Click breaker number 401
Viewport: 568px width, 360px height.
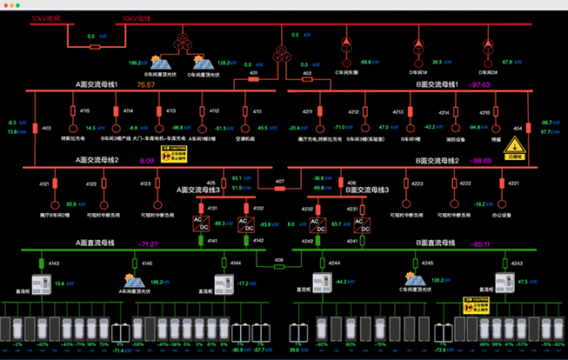(253, 74)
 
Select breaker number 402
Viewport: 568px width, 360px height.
(307, 74)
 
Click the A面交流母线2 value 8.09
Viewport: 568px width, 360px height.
(146, 161)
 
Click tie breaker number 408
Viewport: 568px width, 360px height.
(279, 259)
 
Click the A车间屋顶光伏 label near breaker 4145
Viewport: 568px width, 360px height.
(136, 292)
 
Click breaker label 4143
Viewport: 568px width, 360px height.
(53, 263)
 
